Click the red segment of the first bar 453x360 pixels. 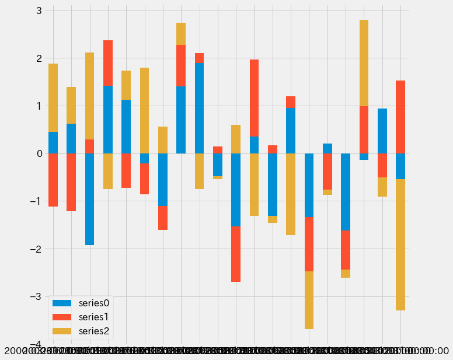[x=53, y=180]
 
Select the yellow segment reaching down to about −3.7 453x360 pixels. [x=309, y=300]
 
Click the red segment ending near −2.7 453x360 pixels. [x=236, y=254]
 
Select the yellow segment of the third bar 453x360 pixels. [x=89, y=96]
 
